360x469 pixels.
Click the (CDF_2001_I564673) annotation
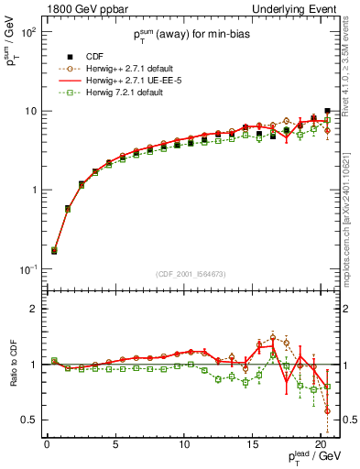[189, 274]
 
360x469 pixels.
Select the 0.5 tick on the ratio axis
[28, 420]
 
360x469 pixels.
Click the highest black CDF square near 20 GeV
[327, 111]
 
